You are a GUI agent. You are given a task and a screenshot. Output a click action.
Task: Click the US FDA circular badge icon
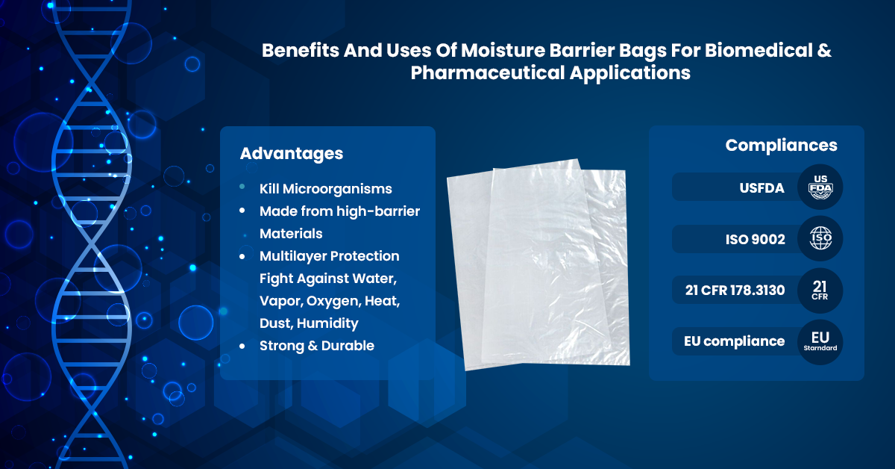pos(820,187)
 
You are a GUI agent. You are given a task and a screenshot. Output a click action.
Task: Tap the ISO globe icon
pos(820,238)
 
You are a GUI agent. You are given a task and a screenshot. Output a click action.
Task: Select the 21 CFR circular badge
pos(820,291)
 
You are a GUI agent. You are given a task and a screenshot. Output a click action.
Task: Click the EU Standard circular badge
pos(820,342)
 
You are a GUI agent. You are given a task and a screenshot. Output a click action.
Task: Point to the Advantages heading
pos(292,154)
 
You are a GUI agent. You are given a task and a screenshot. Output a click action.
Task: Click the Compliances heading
pos(781,145)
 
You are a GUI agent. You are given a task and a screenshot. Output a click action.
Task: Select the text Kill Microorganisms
pos(326,189)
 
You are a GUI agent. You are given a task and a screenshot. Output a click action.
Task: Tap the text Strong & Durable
pos(317,346)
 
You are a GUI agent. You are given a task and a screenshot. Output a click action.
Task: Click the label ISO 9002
pos(755,239)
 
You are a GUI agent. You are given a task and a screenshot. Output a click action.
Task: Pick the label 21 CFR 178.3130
pos(735,290)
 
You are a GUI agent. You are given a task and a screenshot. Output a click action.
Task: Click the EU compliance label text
pos(735,341)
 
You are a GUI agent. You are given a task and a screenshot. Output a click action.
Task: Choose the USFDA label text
pos(761,188)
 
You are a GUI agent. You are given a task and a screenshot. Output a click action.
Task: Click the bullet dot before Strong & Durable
pos(242,346)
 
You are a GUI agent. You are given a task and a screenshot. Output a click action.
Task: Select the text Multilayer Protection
pos(329,256)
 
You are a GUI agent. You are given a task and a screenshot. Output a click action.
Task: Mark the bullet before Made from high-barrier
pos(242,211)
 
